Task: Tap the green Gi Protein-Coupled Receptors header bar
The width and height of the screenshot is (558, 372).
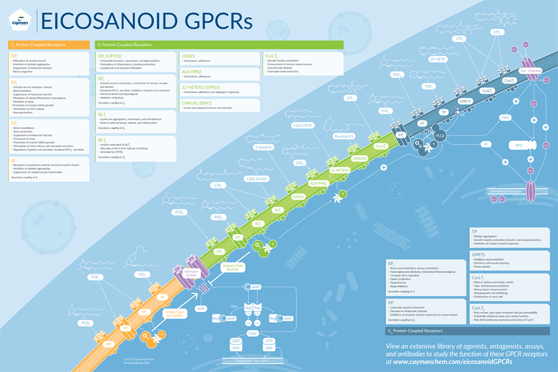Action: [218, 44]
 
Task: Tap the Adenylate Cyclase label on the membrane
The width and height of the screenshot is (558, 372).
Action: [191, 274]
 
